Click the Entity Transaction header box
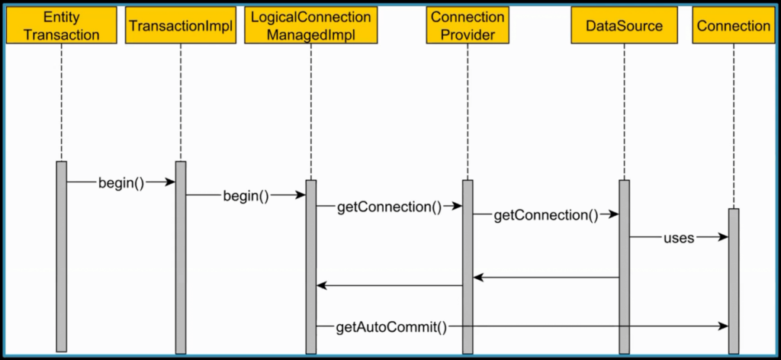61,25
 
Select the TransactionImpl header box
181,25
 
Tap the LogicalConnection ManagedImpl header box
310,25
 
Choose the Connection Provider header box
468,25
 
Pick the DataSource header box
624,25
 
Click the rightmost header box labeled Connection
733,25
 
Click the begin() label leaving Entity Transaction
121,182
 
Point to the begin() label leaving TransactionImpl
246,195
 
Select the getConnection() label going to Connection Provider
389,207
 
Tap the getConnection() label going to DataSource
546,215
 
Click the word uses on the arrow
678,237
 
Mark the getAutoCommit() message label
390,326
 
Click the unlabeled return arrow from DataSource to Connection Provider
545,278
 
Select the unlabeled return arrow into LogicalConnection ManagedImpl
389,286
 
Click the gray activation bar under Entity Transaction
61,259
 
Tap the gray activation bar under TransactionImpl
181,259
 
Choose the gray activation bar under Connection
733,282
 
